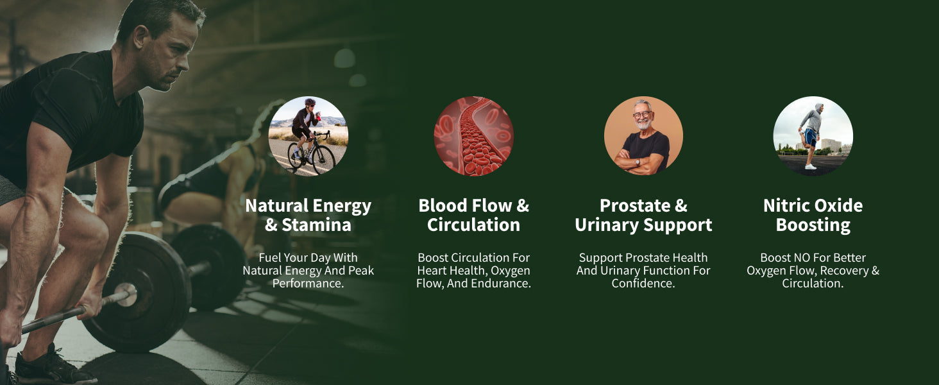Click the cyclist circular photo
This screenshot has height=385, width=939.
coord(308,136)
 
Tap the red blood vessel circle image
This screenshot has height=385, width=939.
coord(474,136)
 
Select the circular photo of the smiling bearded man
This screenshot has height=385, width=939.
coord(643,136)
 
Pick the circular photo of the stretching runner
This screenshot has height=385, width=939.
coord(813,136)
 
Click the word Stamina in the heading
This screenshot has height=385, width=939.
coord(316,225)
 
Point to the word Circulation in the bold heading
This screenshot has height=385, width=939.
coord(474,225)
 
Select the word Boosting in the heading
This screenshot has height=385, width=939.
coord(813,225)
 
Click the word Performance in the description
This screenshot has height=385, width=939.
coord(307,284)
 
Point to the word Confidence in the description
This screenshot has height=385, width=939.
coord(643,284)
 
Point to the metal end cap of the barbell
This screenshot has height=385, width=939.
coord(126,295)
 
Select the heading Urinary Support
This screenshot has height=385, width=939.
coord(643,225)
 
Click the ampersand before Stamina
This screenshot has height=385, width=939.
coord(271,225)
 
